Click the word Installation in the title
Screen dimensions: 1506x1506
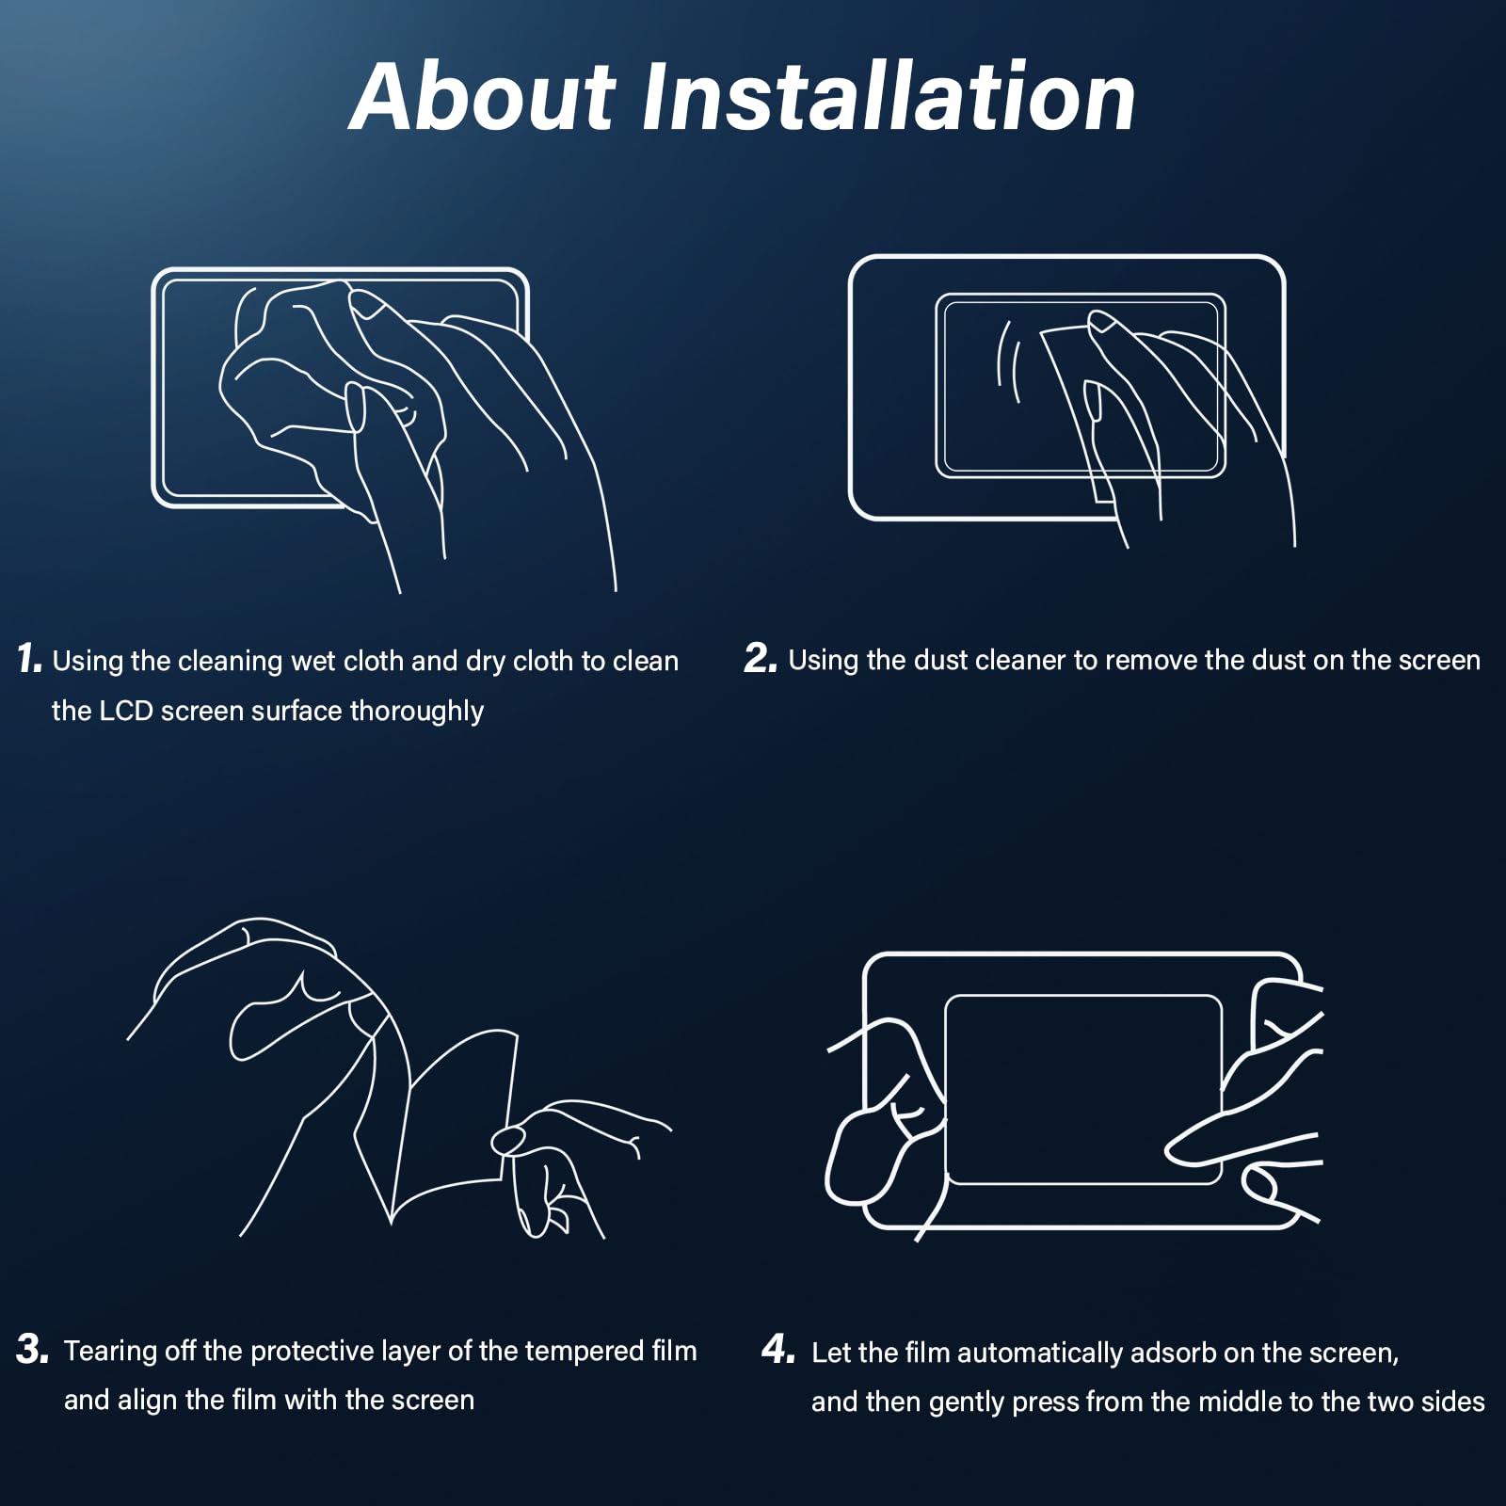889,97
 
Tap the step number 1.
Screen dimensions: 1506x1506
29,659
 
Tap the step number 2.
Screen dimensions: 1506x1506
760,659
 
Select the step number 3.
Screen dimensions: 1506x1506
33,1350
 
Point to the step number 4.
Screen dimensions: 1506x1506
778,1350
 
